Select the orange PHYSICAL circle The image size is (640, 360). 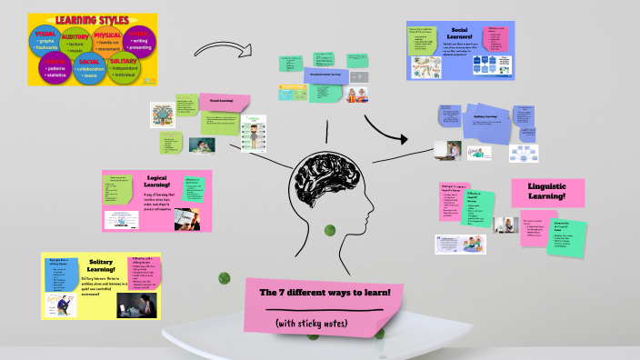107,40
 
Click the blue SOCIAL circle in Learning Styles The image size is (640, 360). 89,68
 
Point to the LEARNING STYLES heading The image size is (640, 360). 91,18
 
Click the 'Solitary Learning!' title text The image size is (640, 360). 101,265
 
